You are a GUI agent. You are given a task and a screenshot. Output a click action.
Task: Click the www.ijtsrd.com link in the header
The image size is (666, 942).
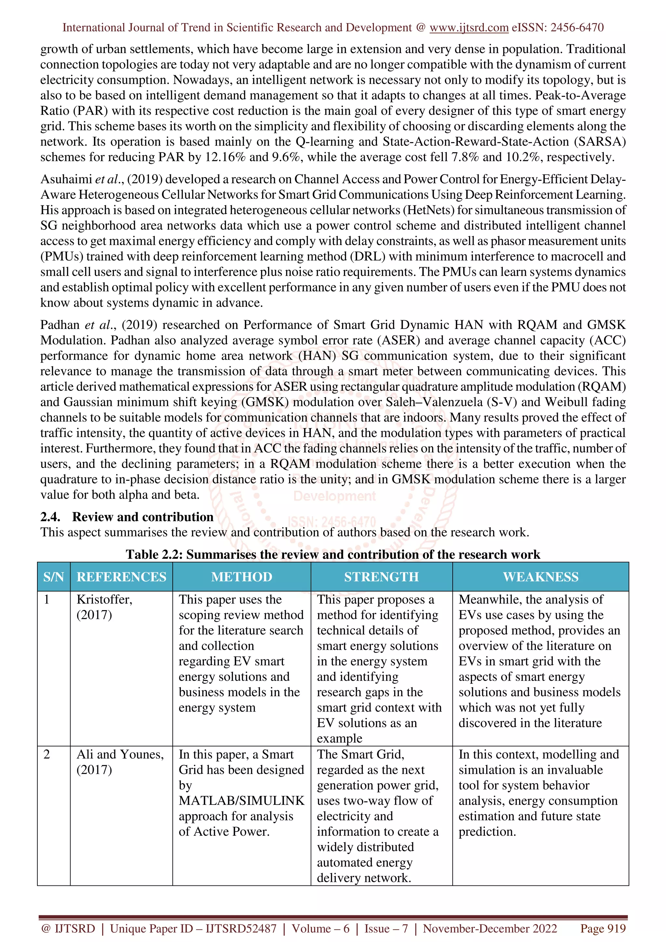(469, 28)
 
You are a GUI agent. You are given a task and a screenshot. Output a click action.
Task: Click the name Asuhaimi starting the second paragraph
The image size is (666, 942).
(66, 179)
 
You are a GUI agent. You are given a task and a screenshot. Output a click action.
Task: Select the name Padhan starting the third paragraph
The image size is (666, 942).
(60, 325)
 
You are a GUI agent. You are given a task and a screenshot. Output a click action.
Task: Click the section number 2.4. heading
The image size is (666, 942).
(50, 517)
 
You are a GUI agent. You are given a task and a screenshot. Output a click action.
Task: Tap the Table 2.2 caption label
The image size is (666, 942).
(154, 554)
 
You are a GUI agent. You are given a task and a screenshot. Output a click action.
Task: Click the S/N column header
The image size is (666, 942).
(54, 577)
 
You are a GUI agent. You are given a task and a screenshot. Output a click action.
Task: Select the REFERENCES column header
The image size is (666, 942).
(122, 577)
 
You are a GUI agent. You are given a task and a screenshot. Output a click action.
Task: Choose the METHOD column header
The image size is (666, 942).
(241, 577)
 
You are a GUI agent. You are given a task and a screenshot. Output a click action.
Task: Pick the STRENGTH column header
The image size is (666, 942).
(381, 577)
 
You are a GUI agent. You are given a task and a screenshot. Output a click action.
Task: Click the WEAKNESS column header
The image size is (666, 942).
(540, 577)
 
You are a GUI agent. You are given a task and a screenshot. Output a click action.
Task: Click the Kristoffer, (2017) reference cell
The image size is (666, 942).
(104, 607)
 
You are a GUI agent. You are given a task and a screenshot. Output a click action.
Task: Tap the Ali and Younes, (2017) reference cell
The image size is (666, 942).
(120, 762)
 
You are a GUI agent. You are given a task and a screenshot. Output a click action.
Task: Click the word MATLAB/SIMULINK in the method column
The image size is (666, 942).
(241, 801)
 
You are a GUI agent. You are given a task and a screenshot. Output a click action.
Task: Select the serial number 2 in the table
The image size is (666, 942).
(47, 754)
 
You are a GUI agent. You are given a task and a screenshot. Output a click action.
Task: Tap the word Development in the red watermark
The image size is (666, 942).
(334, 496)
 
